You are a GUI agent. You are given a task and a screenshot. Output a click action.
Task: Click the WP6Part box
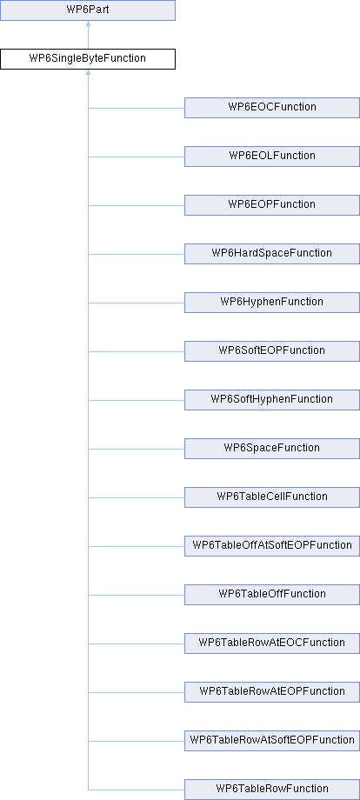(x=88, y=10)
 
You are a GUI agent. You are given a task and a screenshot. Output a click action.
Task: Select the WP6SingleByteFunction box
(x=88, y=58)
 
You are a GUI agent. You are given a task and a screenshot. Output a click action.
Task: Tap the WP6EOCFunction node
(x=272, y=108)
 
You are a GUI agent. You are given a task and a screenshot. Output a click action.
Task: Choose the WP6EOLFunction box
(x=272, y=157)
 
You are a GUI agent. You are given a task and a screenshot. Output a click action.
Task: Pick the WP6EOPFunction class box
(x=272, y=204)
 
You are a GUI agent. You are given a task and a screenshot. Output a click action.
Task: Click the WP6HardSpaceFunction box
(x=272, y=254)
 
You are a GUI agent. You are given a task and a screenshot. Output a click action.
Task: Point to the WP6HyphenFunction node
(x=272, y=302)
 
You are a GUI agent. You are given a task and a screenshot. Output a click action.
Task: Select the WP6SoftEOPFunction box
(x=272, y=351)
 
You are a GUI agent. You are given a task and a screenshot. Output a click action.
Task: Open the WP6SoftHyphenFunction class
(x=272, y=399)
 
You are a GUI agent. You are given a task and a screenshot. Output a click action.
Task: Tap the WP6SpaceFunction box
(x=272, y=449)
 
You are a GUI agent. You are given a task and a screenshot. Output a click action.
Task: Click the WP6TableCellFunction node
(x=272, y=497)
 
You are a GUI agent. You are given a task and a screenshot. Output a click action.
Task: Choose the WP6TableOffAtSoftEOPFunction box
(x=272, y=546)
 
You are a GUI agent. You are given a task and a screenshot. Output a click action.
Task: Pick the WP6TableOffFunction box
(x=272, y=595)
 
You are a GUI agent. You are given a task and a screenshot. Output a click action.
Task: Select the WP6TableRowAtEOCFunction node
(x=272, y=643)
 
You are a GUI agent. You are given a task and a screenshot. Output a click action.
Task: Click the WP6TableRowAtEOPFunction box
(x=272, y=692)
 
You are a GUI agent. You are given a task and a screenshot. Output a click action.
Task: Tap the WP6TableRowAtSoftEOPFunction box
(x=272, y=741)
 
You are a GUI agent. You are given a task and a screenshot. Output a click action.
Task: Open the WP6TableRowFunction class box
(x=272, y=790)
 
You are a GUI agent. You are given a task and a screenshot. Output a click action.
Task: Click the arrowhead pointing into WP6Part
(x=88, y=23)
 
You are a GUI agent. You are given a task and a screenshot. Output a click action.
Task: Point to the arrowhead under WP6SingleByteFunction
(x=88, y=72)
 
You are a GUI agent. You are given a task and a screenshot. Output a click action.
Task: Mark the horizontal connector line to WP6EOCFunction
(x=137, y=108)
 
